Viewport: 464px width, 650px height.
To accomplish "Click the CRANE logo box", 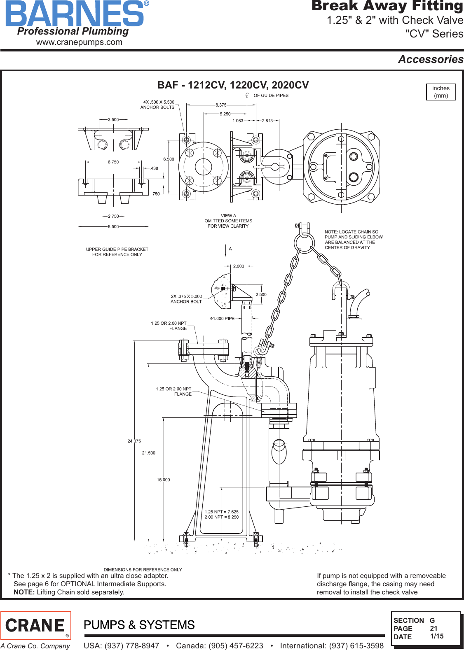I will pos(36,625).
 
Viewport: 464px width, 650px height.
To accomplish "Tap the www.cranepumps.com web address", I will pos(79,42).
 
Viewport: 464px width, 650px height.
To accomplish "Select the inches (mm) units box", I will pos(441,92).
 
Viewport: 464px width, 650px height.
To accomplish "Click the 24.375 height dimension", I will pos(134,441).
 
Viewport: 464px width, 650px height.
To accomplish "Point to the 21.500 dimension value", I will pos(149,453).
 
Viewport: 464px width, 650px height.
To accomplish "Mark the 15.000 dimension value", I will pos(163,480).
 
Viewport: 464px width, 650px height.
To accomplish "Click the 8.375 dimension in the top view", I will pos(221,105).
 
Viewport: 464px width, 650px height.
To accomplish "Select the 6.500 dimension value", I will pos(169,159).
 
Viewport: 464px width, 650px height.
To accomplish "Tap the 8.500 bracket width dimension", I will pos(113,226).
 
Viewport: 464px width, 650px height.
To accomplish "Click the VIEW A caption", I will pos(228,216).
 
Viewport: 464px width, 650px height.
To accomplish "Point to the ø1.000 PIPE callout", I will pos(223,318).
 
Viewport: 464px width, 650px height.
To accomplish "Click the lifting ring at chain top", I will pos(305,243).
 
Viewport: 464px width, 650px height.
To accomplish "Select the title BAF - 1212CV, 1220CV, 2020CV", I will pos(233,85).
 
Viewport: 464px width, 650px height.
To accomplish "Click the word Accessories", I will pos(431,59).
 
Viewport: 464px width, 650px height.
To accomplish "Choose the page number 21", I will pos(434,628).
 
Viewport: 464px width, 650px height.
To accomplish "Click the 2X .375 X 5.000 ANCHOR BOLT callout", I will pos(186,299).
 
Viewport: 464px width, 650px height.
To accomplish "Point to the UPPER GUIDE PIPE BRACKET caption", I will pos(117,252).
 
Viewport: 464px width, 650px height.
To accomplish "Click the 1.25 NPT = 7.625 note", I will pos(222,512).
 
